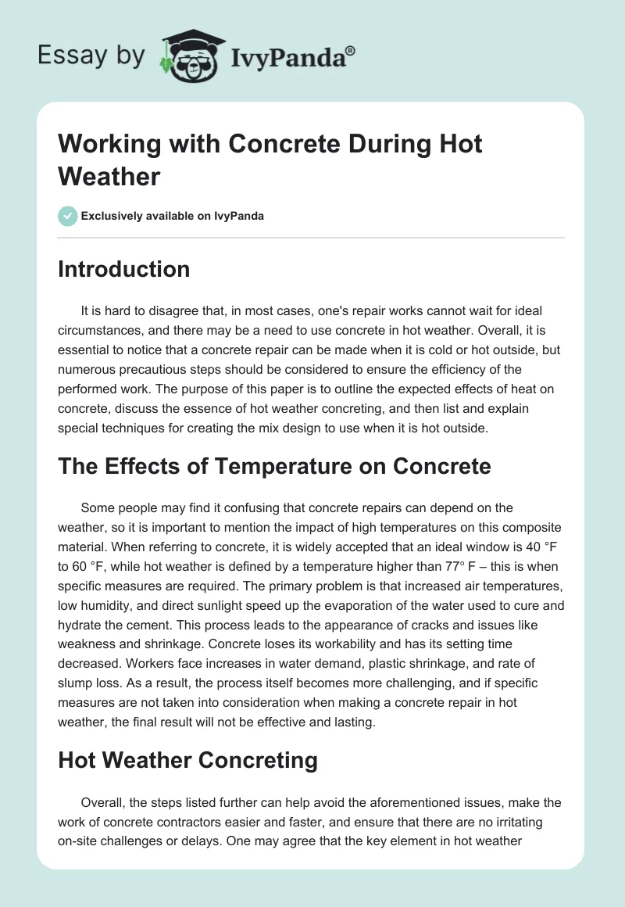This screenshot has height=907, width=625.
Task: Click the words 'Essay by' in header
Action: click(91, 56)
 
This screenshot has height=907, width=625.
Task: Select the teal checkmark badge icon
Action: click(68, 216)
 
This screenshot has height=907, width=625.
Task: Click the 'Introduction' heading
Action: click(123, 270)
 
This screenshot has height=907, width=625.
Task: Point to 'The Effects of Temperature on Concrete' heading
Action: click(274, 467)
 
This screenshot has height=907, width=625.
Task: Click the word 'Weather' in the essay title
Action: click(109, 176)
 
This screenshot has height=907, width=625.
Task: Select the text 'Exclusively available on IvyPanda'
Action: click(173, 216)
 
